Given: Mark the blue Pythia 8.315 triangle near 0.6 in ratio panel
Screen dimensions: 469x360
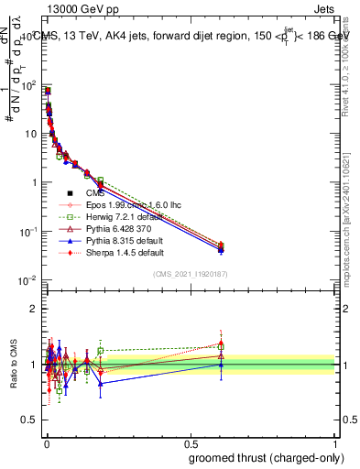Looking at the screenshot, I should coord(220,365).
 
